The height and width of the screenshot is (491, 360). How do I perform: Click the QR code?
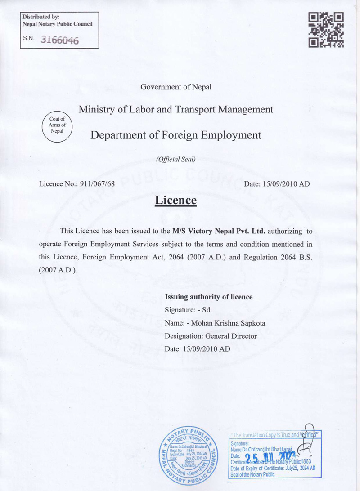tap(327, 30)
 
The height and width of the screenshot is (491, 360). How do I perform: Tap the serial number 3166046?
tap(60, 40)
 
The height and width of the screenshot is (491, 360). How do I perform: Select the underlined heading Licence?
tap(175, 200)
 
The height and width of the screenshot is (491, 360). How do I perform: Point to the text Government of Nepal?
tap(176, 87)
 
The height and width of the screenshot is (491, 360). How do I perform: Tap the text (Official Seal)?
tap(175, 159)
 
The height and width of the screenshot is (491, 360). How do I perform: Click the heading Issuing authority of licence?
tap(209, 297)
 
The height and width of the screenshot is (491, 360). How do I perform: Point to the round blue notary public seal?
tap(189, 455)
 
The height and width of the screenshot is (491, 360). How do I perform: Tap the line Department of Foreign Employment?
tap(176, 134)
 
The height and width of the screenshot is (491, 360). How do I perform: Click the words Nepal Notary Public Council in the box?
tap(57, 24)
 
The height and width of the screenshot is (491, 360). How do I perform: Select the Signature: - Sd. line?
tap(188, 310)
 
